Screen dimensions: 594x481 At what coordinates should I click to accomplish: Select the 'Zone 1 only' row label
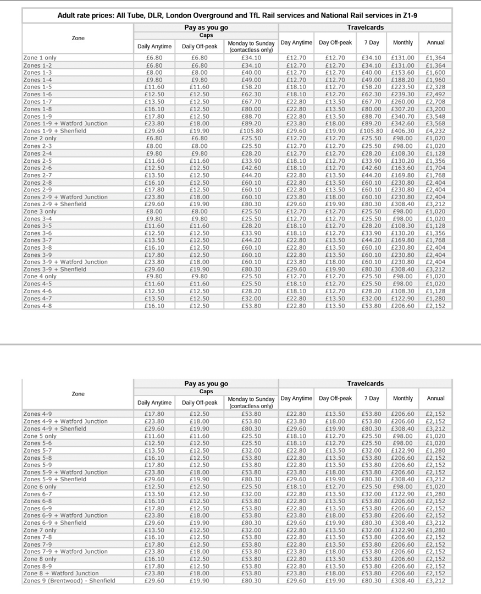[x=40, y=57]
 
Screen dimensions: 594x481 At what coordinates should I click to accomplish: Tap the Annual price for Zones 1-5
[x=435, y=87]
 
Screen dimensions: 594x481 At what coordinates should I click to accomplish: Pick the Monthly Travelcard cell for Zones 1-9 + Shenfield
[x=403, y=131]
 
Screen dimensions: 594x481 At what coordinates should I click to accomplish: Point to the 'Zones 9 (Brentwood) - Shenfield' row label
[x=69, y=580]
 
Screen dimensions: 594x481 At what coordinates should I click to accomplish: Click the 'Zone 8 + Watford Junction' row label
[x=61, y=573]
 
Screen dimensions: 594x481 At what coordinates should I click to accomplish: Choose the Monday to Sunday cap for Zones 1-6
[x=251, y=94]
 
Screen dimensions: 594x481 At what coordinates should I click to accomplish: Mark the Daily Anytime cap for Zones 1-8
[x=154, y=109]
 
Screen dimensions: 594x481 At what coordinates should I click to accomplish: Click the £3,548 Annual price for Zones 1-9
[x=435, y=116]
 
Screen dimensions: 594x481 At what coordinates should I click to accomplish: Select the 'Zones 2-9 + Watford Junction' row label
[x=65, y=197]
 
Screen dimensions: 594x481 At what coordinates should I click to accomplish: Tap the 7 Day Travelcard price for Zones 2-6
[x=371, y=167]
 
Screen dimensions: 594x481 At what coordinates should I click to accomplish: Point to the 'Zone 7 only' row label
[x=40, y=530]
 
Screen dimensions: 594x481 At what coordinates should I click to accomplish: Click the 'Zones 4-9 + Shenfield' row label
[x=54, y=428]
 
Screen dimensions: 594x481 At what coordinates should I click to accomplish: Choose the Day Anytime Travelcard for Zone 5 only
[x=296, y=436]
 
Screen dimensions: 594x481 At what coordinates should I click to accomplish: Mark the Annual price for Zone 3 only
[x=435, y=211]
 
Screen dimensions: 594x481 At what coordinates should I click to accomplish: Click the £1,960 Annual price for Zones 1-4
[x=435, y=79]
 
